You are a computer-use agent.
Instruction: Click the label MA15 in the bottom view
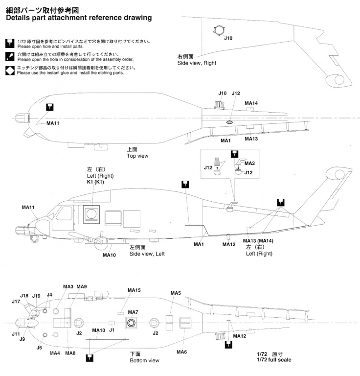(x=134, y=290)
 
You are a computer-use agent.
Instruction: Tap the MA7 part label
(x=134, y=312)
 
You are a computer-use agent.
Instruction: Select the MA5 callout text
(x=176, y=293)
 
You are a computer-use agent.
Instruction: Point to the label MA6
(x=181, y=352)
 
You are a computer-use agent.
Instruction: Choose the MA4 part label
(x=54, y=353)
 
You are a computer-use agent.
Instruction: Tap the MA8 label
(x=70, y=353)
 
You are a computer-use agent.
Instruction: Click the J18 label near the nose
(x=24, y=295)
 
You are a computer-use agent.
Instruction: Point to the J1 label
(x=112, y=330)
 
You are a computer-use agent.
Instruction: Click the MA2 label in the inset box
(x=249, y=163)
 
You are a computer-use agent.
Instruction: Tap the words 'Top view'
(x=137, y=156)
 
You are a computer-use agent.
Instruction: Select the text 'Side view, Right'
(x=197, y=63)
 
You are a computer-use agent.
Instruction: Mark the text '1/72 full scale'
(x=274, y=360)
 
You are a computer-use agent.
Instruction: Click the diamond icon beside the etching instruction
(x=10, y=70)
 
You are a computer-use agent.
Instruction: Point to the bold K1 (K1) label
(x=96, y=182)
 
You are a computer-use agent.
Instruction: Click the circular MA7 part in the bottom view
(x=132, y=323)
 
